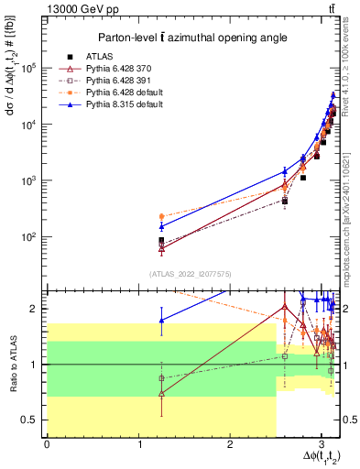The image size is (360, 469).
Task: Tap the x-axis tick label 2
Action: pos(229,444)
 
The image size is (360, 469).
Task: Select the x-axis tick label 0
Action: pos(47,444)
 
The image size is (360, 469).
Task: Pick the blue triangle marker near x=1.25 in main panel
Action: pos(161,226)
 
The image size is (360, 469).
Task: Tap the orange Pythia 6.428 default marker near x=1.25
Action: pos(161,216)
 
